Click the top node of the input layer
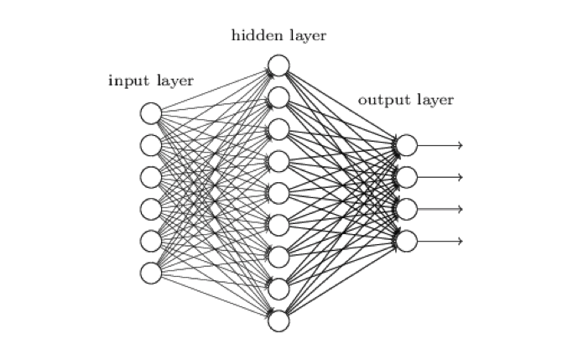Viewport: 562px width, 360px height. (151, 113)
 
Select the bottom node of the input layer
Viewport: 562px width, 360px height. (151, 274)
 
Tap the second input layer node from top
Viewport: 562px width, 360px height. (151, 145)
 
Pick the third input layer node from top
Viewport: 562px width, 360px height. (151, 177)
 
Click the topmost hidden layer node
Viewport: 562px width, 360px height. (279, 65)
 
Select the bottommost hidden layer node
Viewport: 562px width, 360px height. (279, 321)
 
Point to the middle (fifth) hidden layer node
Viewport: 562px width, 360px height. (279, 193)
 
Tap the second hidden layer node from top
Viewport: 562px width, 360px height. (279, 97)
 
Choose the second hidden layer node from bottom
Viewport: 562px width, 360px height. (279, 289)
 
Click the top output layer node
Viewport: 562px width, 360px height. (407, 145)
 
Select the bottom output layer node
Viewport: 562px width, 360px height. (407, 242)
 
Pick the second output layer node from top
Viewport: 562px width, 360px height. (407, 177)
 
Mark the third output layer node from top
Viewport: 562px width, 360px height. (407, 209)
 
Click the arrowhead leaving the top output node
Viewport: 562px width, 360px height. (460, 145)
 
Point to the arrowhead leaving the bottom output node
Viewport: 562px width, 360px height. (460, 242)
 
